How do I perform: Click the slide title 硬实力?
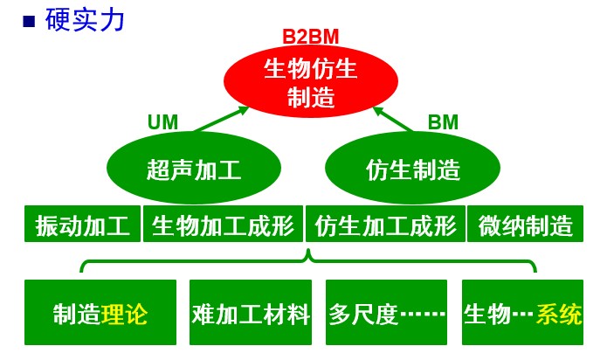[86, 19]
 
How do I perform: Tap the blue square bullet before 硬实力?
[29, 21]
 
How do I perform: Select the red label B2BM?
[310, 37]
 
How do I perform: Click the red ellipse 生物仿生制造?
[311, 81]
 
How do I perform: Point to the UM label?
[162, 122]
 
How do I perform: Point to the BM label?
[443, 122]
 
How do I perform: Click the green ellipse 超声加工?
[194, 169]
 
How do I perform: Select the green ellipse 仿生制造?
[412, 169]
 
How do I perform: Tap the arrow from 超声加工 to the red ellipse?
[221, 120]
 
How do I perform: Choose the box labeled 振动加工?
[83, 225]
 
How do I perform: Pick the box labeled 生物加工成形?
[223, 225]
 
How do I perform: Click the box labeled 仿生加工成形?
[385, 225]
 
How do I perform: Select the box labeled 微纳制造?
[526, 225]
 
